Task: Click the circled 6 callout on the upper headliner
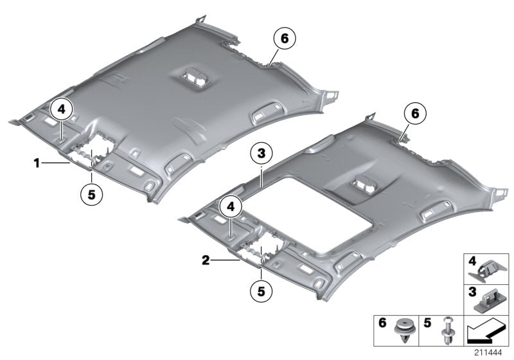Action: (x=283, y=39)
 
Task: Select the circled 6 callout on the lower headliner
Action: (x=415, y=114)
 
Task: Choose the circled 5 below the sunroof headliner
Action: (x=261, y=291)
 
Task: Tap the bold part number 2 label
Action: (x=205, y=260)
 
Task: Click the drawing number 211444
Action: (x=492, y=353)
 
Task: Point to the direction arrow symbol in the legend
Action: (x=485, y=331)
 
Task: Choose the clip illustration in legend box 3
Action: (x=492, y=300)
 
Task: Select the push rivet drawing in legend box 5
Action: (x=447, y=332)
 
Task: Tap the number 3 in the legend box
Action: (x=472, y=293)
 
